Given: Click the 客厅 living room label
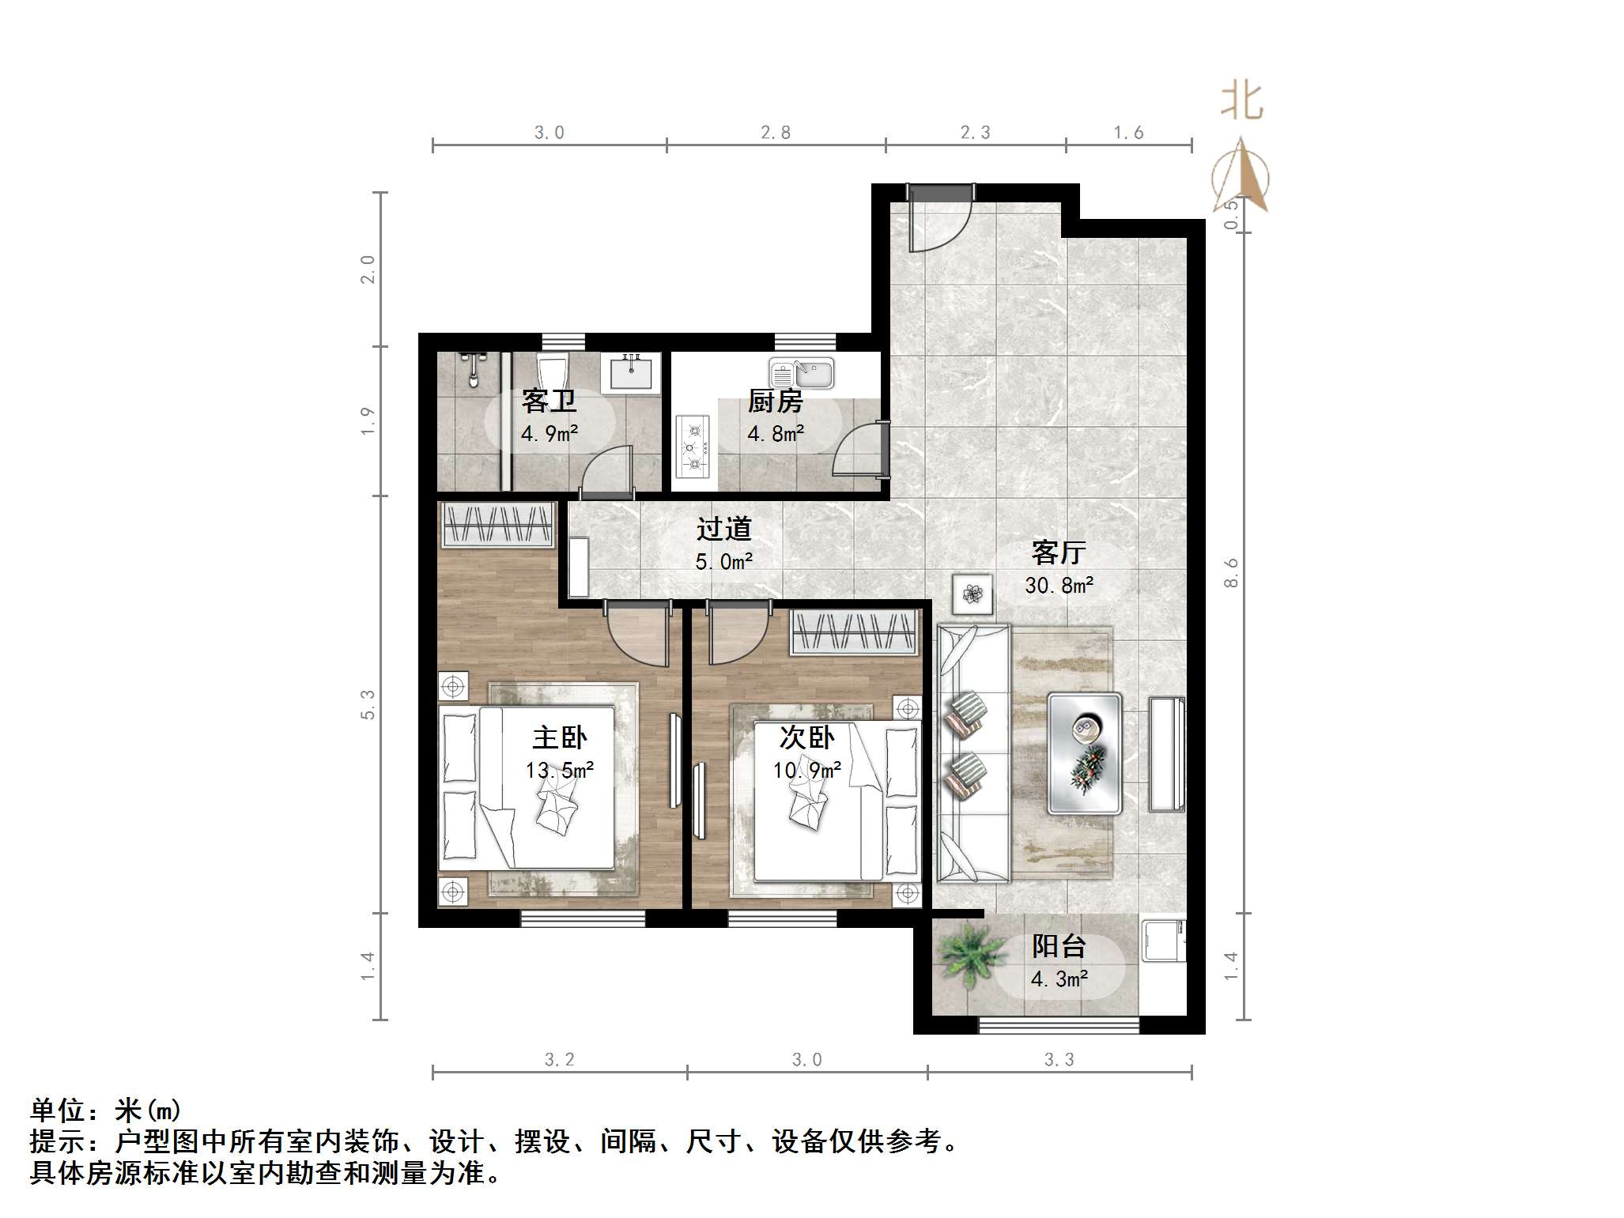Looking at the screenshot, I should pos(1058,552).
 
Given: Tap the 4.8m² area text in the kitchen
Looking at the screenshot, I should pos(776,434).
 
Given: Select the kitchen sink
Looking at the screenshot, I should pos(801,373).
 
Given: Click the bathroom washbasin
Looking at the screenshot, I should pos(631,372).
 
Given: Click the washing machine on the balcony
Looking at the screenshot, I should pos(1161,940).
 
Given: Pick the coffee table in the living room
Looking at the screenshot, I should pos(1085,753).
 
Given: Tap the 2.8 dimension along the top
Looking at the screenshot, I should pos(775,133).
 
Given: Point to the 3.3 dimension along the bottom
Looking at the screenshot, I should pos(1059,1060).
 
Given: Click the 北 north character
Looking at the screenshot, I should pos(1241,102).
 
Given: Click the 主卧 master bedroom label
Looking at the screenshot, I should pos(559,737).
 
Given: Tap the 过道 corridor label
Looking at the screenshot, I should pos(723,529).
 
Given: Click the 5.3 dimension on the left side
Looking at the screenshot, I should pos(368,703).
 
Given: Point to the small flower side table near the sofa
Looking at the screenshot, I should pos(973,594).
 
